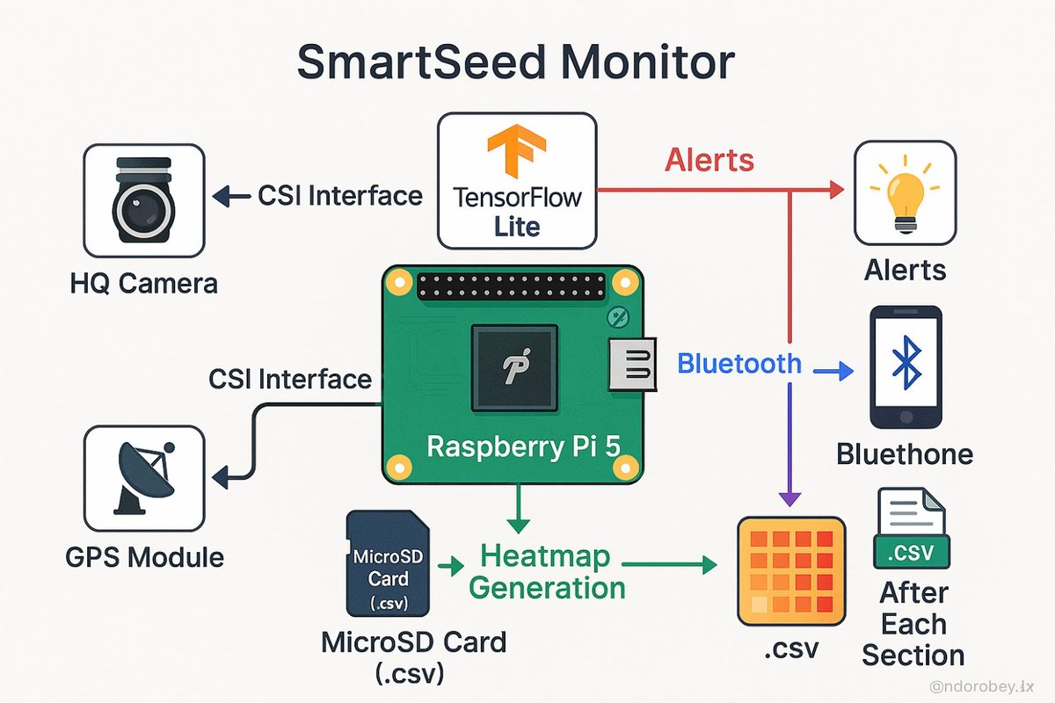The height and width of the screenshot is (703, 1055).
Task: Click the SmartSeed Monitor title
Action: coord(515,64)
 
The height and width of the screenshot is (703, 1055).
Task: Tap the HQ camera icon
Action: coord(143,201)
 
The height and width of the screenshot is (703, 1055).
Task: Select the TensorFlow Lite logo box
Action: coord(517,180)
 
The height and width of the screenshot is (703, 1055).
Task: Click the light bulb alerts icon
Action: coord(905,192)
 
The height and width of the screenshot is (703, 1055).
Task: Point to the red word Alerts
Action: coord(709,160)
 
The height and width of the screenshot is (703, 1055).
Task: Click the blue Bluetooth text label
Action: coord(739,363)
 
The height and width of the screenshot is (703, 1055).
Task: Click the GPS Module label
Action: coord(144,557)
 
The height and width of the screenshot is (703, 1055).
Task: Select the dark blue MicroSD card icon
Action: coord(388,562)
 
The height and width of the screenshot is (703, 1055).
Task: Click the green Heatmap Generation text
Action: coord(553,571)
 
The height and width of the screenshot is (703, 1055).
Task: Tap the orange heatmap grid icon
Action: coord(791,571)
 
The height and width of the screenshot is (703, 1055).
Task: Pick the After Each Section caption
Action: coord(913,624)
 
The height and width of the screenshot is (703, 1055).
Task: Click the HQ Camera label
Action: coord(144,284)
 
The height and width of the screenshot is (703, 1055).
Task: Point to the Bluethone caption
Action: coord(905,453)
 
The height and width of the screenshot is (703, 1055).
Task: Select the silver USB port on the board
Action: coord(633,363)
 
